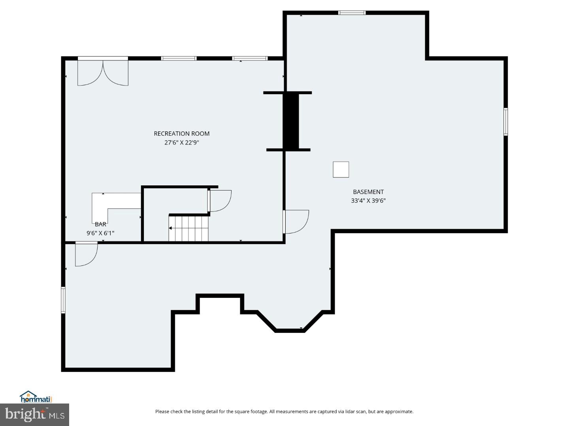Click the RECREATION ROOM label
181,134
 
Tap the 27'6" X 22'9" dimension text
181,143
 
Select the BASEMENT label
368,192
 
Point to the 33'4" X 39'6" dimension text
368,201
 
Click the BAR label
100,224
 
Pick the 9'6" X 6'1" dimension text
100,233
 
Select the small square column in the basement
341,170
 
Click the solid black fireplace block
291,121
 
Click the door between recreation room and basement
296,222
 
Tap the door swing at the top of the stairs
220,200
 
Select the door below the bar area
86,254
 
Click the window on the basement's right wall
505,122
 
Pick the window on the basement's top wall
352,13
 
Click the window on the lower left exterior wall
63,300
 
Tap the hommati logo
36,397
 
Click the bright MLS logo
35,415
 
